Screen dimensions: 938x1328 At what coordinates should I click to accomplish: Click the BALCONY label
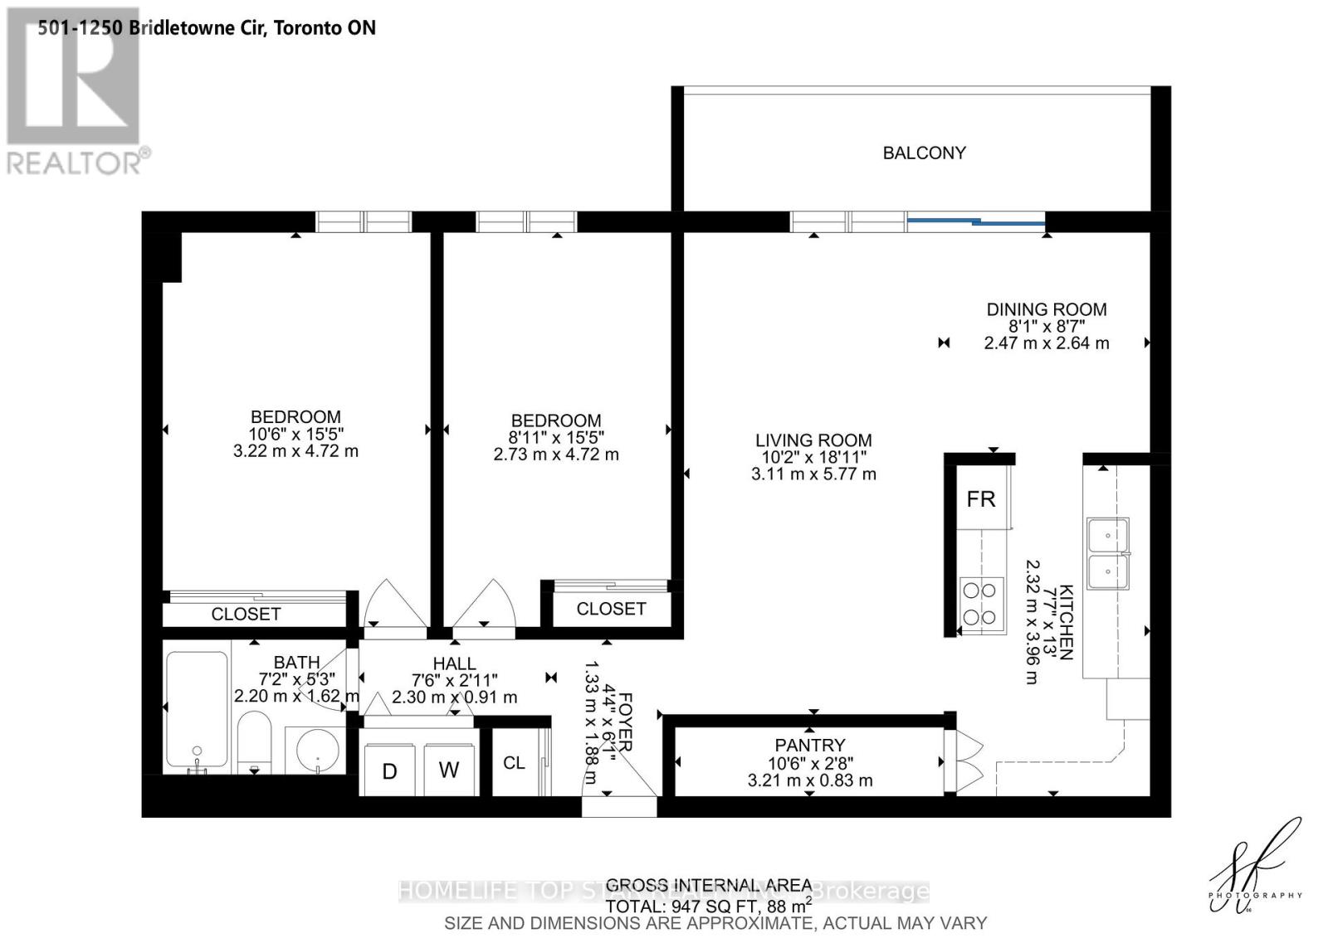coord(924,153)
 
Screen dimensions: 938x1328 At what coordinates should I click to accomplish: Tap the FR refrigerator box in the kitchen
coord(980,499)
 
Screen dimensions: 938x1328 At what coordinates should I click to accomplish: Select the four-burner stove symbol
coord(979,604)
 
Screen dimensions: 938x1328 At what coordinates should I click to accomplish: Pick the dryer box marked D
coord(389,770)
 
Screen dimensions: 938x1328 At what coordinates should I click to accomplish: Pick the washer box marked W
coord(449,770)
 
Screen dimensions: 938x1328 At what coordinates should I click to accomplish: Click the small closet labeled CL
coord(514,762)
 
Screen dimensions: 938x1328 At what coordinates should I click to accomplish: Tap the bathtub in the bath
coord(197,709)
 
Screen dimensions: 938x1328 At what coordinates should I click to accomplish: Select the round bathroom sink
coord(318,751)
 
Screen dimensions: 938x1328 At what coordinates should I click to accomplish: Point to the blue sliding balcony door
coord(976,221)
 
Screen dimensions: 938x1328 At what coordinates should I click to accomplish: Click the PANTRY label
coord(809,745)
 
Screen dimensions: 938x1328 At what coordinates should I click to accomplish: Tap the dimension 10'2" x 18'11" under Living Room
coord(813,457)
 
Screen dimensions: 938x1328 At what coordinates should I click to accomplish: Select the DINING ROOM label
coord(1046,309)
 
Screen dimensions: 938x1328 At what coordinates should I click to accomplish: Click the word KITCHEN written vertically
coord(1067,622)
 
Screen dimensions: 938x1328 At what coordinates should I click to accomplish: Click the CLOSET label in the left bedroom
coord(246,614)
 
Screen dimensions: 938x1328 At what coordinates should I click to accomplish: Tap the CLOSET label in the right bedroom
coord(611,609)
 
